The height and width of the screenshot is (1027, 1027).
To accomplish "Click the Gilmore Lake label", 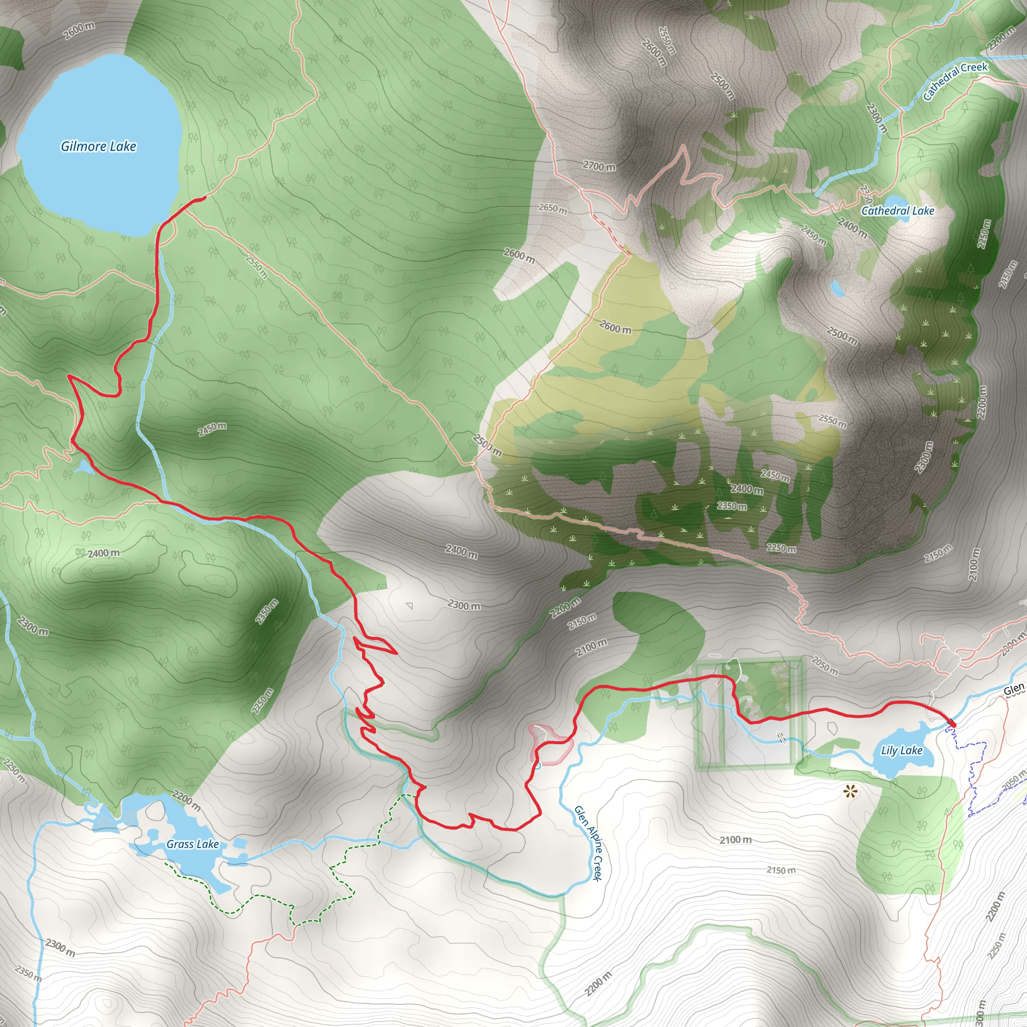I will [98, 146].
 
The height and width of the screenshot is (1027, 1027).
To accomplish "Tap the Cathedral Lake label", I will [898, 211].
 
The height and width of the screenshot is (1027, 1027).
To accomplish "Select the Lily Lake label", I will [902, 751].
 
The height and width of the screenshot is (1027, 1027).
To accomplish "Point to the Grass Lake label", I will [193, 844].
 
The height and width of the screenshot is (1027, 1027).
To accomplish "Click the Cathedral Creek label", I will [955, 81].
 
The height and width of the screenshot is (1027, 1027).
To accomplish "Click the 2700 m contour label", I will [599, 166].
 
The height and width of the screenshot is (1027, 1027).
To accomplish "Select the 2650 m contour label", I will [553, 209].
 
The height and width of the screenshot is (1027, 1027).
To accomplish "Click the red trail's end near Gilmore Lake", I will [204, 198].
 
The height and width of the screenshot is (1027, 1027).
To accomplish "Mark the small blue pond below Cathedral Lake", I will [838, 289].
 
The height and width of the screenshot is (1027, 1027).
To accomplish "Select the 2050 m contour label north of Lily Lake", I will [824, 665].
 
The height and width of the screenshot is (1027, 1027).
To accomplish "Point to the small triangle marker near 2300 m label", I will [409, 605].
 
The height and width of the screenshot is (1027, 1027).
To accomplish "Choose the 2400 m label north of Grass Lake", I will [104, 554].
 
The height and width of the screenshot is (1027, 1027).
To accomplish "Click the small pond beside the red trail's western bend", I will [83, 468].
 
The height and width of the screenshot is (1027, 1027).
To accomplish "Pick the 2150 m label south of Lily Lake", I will [781, 870].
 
